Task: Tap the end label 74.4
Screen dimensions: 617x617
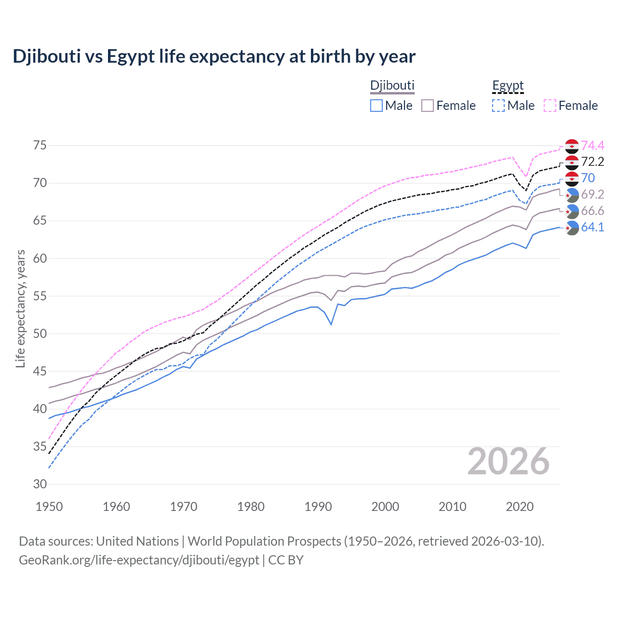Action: [x=592, y=146]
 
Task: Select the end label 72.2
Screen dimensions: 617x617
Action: [x=592, y=162]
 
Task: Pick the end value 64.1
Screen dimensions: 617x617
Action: [x=592, y=227]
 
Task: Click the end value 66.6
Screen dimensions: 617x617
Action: [x=592, y=211]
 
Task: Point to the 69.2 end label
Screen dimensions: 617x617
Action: [x=592, y=194]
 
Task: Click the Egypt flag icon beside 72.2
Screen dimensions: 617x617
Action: [x=572, y=162]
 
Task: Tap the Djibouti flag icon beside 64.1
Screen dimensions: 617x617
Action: [x=572, y=228]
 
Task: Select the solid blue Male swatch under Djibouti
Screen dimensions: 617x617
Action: [x=376, y=106]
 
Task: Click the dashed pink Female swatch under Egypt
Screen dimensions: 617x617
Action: [x=550, y=106]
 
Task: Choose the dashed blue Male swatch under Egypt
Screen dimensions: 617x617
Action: [x=498, y=106]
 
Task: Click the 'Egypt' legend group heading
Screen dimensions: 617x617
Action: [x=508, y=86]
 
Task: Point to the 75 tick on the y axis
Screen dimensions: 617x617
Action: [x=40, y=146]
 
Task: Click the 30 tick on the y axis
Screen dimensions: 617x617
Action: [x=40, y=484]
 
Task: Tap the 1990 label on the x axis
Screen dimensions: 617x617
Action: [x=318, y=507]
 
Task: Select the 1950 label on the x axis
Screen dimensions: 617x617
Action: [x=50, y=507]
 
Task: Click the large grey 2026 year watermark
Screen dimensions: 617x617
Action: [x=508, y=462]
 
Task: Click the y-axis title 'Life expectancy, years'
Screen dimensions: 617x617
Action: [x=20, y=308]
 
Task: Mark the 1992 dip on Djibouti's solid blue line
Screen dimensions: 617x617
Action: [x=331, y=324]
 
